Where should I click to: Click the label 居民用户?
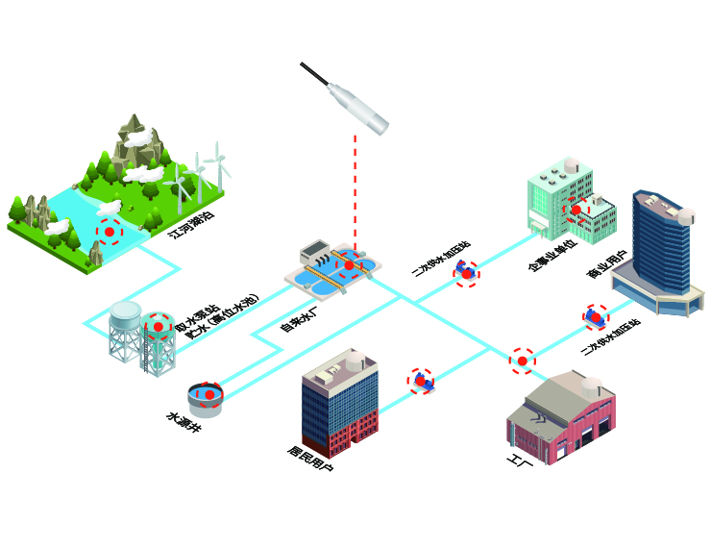pyautogui.click(x=310, y=461)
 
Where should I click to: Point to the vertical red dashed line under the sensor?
pyautogui.click(x=355, y=192)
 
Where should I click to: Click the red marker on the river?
pyautogui.click(x=110, y=232)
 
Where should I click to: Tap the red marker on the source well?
pyautogui.click(x=208, y=394)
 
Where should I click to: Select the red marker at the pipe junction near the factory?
pyautogui.click(x=522, y=361)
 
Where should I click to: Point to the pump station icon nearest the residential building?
pyautogui.click(x=420, y=381)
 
